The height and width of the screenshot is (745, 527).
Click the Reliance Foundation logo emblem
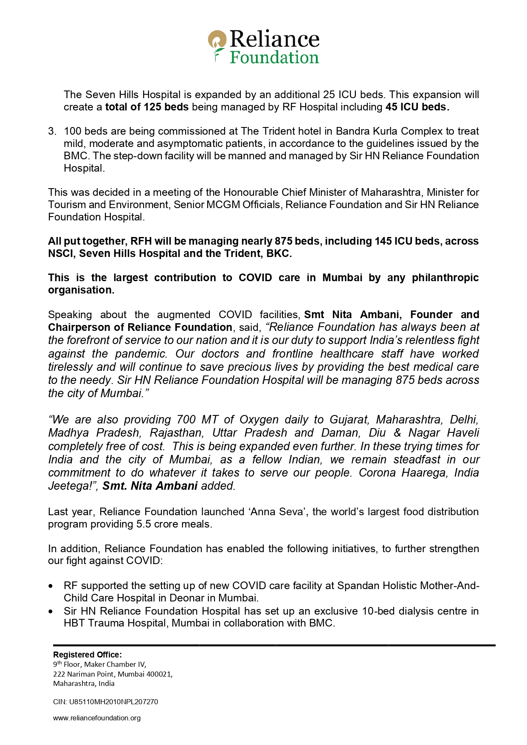pos(217,45)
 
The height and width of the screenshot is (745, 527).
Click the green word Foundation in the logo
pos(274,57)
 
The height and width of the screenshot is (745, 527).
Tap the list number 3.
pos(52,131)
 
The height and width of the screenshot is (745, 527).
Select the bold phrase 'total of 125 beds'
pos(147,107)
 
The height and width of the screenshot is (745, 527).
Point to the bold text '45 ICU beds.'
pos(417,107)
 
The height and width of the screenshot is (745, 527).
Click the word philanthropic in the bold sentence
pos(445,278)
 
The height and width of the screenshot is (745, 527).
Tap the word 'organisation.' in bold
pos(81,290)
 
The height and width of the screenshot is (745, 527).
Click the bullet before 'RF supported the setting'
pos(51,586)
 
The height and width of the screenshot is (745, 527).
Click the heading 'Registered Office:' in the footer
pos(87,655)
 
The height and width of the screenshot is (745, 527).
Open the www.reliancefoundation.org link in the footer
pos(97,718)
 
